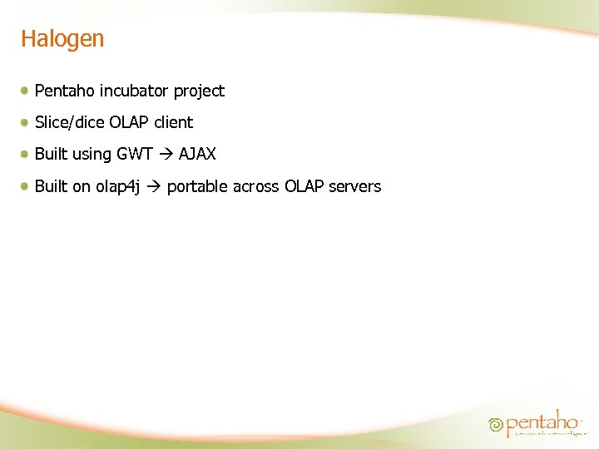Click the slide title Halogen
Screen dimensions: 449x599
(x=62, y=39)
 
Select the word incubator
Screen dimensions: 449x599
(x=135, y=91)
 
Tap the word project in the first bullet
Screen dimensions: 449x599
(x=199, y=91)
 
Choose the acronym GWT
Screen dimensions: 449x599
(x=134, y=155)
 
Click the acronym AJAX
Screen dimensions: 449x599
(x=197, y=155)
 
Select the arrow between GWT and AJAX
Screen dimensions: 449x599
(x=166, y=155)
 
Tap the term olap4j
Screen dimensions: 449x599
(x=117, y=187)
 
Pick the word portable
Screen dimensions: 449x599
(x=197, y=187)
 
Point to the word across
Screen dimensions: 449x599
(x=256, y=187)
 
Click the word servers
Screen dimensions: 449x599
(x=354, y=187)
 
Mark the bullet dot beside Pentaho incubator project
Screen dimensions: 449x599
(x=27, y=90)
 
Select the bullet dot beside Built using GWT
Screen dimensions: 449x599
(x=27, y=154)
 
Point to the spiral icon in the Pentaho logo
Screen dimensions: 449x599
(x=496, y=425)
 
